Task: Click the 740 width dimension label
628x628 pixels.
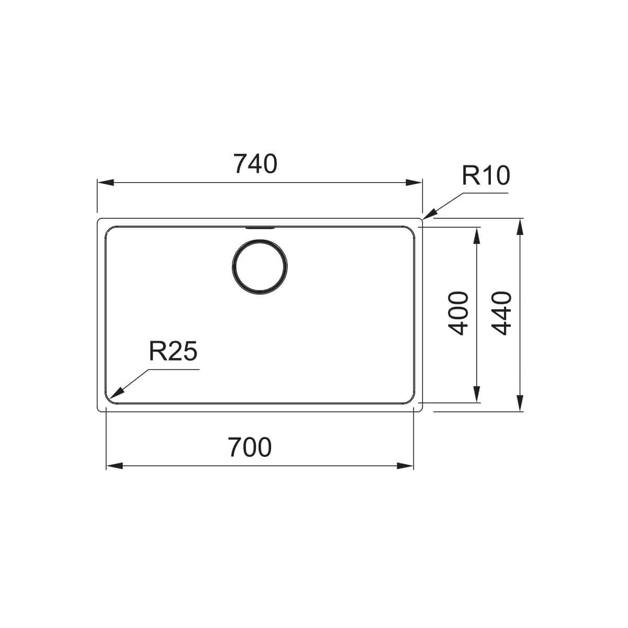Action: tap(255, 164)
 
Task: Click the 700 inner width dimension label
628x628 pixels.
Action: tap(250, 447)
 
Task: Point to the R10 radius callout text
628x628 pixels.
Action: tap(485, 176)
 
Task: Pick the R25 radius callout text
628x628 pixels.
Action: tap(173, 352)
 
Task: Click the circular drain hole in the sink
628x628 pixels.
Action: tap(259, 266)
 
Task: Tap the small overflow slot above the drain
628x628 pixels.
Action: tap(259, 228)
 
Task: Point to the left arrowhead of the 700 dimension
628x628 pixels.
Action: tap(114, 466)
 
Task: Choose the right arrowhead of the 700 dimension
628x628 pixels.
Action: tap(406, 466)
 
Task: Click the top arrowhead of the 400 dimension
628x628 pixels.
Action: tap(476, 236)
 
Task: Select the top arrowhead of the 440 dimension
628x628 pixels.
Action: tap(520, 227)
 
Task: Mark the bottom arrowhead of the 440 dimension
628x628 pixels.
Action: tap(520, 403)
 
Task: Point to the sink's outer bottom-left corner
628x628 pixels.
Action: tap(100, 408)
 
